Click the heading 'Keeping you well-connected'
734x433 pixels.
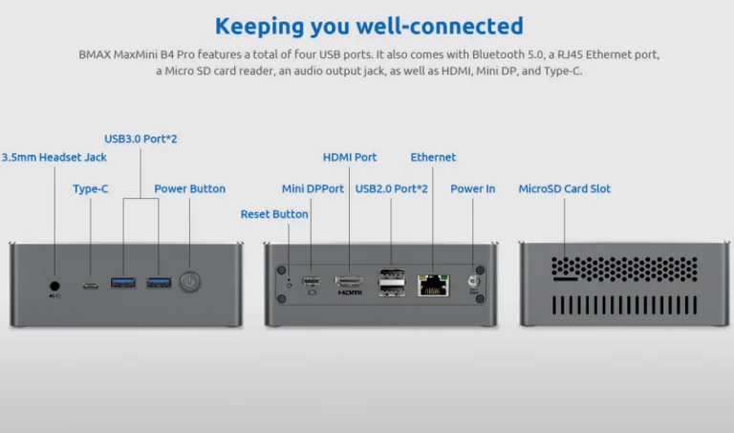(x=368, y=26)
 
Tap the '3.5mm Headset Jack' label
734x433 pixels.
(x=54, y=157)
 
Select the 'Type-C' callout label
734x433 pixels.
(x=91, y=189)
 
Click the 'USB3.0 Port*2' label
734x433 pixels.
(x=140, y=139)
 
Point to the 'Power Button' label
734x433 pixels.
(x=190, y=189)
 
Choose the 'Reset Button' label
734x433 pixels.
(x=274, y=214)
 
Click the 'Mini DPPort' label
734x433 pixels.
(x=313, y=189)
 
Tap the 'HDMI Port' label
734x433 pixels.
(x=350, y=157)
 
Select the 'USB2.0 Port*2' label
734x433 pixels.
(x=392, y=189)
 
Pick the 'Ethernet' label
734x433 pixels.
(x=433, y=157)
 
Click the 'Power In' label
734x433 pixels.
(x=473, y=189)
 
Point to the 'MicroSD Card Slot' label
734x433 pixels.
(x=565, y=189)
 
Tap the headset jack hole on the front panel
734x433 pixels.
(x=54, y=284)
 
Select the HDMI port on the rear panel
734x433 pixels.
(x=349, y=282)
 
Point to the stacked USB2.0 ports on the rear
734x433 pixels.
(x=391, y=282)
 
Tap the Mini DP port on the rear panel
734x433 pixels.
(x=311, y=281)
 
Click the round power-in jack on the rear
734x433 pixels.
(x=472, y=282)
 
